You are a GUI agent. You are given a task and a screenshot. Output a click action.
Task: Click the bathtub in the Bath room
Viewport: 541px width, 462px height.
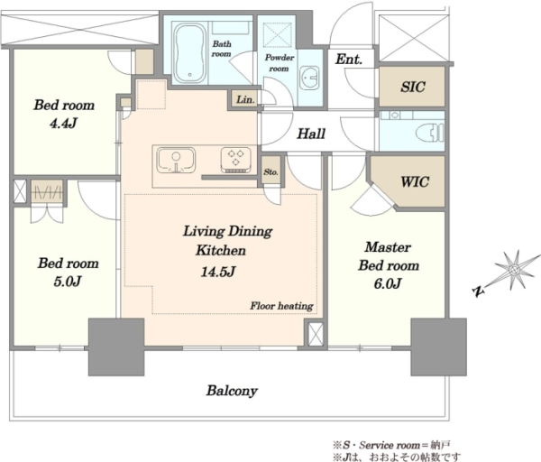coord(189,52)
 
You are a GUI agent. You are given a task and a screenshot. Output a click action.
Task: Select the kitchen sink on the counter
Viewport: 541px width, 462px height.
coord(176,161)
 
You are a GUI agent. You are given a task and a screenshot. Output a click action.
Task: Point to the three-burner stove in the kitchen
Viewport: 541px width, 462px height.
coord(235,160)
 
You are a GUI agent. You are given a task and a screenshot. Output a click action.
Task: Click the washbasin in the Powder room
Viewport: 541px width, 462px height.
coord(308,78)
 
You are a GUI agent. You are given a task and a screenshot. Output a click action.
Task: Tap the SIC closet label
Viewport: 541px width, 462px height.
coord(413,87)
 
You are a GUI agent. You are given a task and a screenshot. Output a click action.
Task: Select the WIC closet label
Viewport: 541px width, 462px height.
coord(415,181)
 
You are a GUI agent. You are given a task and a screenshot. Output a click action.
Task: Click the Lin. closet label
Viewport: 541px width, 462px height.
coord(245,99)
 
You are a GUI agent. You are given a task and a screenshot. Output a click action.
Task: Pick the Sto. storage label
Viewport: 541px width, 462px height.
coord(270,171)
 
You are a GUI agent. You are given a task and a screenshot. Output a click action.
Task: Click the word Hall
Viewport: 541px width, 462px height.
coord(311,134)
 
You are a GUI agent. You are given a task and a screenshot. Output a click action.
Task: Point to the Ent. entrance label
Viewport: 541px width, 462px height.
coord(349,59)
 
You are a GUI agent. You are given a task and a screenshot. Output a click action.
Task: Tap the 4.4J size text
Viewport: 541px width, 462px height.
coord(63,124)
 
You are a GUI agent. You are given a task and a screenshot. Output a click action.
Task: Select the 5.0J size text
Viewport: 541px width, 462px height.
coord(68,282)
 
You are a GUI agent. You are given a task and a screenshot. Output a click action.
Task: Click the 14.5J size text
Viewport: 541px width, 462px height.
coord(218,272)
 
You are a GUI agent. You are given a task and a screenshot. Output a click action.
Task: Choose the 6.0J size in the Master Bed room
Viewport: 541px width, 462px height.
coord(388,283)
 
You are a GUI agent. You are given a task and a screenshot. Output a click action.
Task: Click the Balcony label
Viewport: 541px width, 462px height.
coord(232,391)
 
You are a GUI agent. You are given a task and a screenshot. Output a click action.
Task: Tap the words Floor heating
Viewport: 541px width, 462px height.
coord(281,306)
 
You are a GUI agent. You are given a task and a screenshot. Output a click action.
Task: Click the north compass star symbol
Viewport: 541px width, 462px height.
coord(514,269)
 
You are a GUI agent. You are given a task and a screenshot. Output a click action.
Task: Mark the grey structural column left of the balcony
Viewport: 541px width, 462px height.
coord(116,346)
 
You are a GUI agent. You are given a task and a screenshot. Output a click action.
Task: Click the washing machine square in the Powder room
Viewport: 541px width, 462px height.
coord(277,34)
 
